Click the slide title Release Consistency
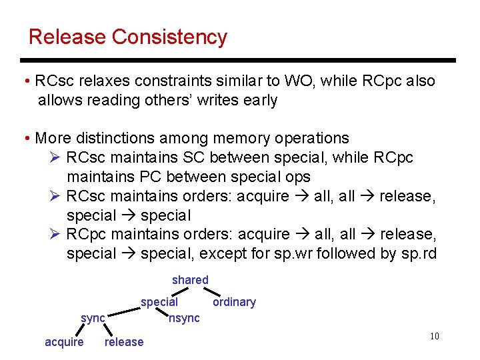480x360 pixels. tap(128, 37)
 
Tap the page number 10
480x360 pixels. tap(434, 336)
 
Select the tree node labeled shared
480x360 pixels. tap(190, 280)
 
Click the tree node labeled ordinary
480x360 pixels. tap(234, 302)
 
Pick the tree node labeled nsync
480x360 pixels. tap(185, 318)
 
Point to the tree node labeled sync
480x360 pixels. tap(93, 318)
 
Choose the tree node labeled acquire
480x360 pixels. tap(64, 342)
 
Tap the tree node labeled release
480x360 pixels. tap(124, 342)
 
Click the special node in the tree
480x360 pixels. tap(159, 302)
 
